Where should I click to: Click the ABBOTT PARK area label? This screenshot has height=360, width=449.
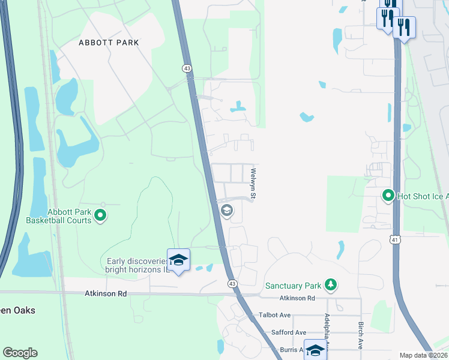pyautogui.click(x=109, y=43)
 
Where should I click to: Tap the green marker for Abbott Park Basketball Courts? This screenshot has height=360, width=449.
pyautogui.click(x=101, y=215)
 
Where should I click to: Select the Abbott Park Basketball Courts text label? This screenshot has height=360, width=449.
pyautogui.click(x=59, y=216)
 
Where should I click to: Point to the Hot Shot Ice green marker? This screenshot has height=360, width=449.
pyautogui.click(x=388, y=195)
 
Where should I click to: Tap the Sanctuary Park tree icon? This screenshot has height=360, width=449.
pyautogui.click(x=330, y=284)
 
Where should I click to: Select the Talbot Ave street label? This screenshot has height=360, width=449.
pyautogui.click(x=275, y=315)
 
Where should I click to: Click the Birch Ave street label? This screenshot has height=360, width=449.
pyautogui.click(x=360, y=335)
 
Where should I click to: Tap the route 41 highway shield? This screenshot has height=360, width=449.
pyautogui.click(x=394, y=240)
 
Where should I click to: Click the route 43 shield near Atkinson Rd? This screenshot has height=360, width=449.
pyautogui.click(x=231, y=283)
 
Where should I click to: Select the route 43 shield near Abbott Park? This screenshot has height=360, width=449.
pyautogui.click(x=187, y=69)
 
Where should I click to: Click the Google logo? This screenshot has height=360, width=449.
pyautogui.click(x=20, y=353)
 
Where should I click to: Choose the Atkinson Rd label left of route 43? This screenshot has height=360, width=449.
pyautogui.click(x=106, y=294)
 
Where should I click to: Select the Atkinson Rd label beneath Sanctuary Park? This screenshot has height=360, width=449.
pyautogui.click(x=297, y=298)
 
